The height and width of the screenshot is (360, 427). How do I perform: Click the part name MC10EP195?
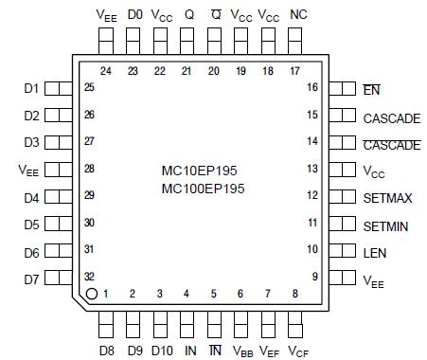[x=199, y=171]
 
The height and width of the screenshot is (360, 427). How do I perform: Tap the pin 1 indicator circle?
[x=91, y=294]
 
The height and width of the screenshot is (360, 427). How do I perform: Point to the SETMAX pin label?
[x=388, y=198]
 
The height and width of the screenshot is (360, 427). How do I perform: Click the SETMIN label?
[x=387, y=226]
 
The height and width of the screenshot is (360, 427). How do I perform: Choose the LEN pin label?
[x=375, y=253]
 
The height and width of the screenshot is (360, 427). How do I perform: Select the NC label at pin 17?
[x=298, y=14]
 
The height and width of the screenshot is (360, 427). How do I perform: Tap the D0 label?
[x=134, y=14]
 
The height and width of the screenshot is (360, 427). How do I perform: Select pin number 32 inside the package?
[x=89, y=277]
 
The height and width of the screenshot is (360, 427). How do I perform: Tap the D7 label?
[x=30, y=280]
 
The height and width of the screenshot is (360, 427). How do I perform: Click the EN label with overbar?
[x=371, y=90]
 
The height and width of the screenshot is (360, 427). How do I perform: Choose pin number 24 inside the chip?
[x=106, y=71]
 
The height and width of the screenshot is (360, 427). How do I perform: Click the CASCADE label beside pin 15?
[x=391, y=118]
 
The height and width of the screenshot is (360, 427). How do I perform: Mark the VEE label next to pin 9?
[x=373, y=280]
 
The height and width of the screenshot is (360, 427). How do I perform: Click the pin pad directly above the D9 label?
[x=133, y=322]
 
